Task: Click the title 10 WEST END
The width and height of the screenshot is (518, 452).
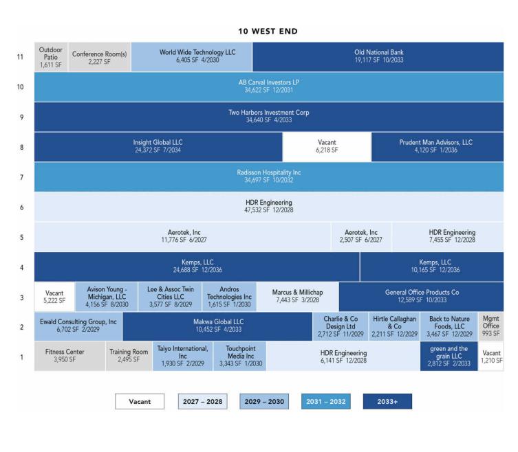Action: tap(268, 32)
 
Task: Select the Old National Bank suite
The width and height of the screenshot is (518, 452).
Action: tap(378, 56)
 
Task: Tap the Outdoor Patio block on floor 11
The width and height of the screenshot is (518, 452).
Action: tap(51, 57)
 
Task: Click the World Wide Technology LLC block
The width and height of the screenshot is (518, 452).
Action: tap(192, 56)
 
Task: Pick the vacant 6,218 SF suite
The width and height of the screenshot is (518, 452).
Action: tap(327, 147)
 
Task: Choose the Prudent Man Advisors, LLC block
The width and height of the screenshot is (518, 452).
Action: tap(438, 147)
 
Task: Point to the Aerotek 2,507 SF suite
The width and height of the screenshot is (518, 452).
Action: tap(360, 236)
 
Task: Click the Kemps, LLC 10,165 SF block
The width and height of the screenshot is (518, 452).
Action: tap(432, 267)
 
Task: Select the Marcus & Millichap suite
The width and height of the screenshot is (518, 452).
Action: tap(298, 297)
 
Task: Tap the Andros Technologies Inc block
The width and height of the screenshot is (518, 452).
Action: tap(229, 297)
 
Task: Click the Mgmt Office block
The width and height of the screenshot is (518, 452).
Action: tap(491, 326)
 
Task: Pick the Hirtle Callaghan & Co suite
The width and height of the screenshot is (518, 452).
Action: tap(394, 326)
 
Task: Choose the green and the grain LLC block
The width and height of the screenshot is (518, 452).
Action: tap(449, 357)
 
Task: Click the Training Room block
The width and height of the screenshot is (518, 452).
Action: tap(129, 357)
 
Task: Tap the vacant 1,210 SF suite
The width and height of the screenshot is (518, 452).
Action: tap(491, 357)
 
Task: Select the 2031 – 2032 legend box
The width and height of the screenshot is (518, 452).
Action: tap(326, 402)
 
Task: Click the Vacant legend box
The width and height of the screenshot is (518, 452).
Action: tap(140, 402)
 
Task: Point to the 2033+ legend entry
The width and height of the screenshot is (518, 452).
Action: tap(387, 402)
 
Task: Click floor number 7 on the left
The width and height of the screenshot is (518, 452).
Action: tap(22, 177)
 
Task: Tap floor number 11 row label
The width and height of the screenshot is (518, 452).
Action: tap(20, 57)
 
